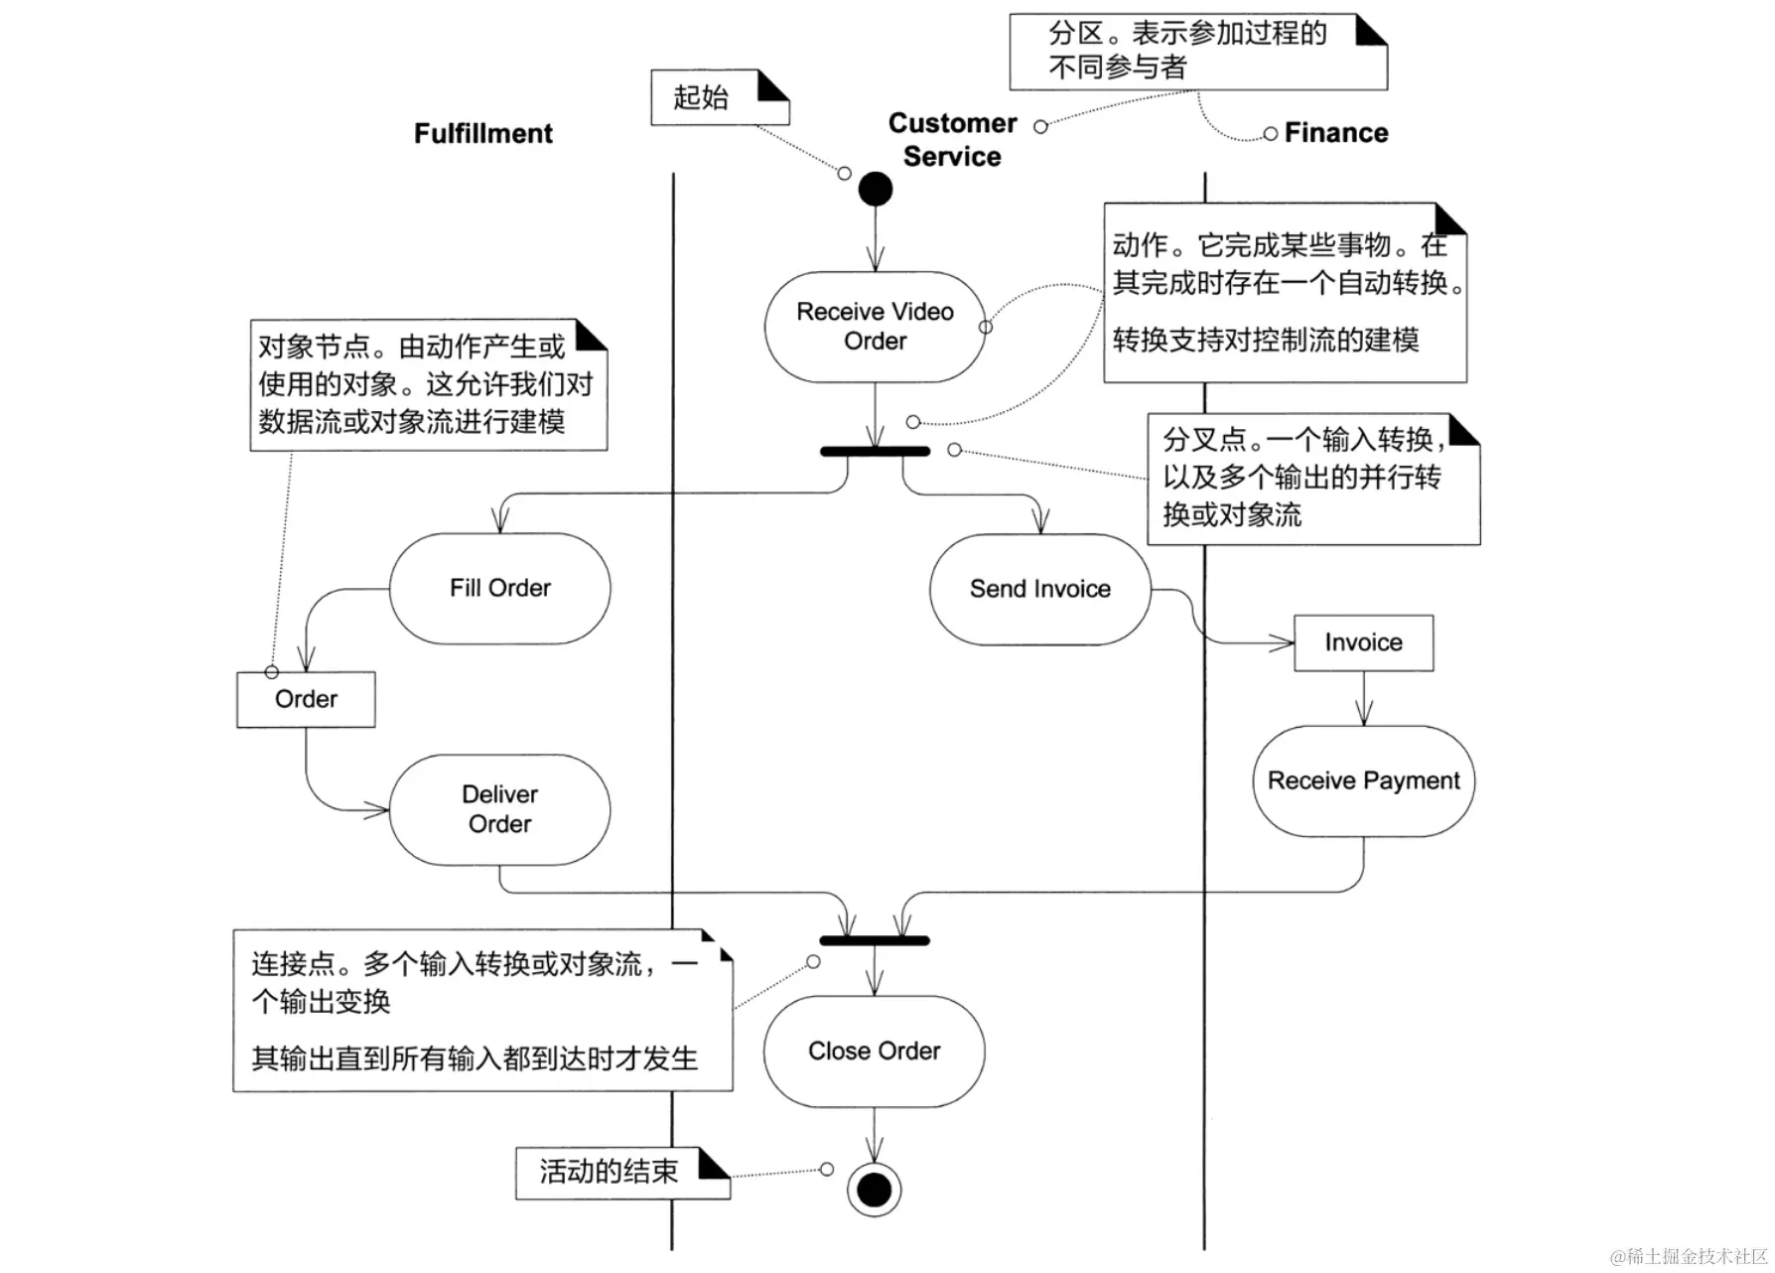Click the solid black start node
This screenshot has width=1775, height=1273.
click(875, 189)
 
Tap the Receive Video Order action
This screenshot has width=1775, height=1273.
click(875, 327)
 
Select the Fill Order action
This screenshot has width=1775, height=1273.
click(499, 589)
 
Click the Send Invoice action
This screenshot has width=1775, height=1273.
click(1039, 590)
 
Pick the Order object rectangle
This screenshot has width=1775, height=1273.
click(306, 700)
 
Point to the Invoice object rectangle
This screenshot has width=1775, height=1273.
click(1363, 643)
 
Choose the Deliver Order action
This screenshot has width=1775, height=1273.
click(499, 809)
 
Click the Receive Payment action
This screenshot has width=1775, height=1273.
click(1363, 781)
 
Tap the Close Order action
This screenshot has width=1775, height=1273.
click(874, 1052)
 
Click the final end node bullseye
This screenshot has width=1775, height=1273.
click(874, 1189)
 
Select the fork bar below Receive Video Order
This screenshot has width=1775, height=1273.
click(875, 452)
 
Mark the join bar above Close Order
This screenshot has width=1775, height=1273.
click(875, 940)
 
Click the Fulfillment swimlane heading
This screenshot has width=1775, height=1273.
click(483, 134)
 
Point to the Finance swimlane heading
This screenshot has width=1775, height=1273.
click(1336, 133)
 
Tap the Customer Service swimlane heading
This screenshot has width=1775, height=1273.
click(952, 140)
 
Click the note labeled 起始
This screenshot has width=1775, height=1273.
click(719, 97)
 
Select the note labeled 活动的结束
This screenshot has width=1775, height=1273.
click(621, 1173)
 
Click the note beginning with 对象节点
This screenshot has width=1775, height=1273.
click(428, 385)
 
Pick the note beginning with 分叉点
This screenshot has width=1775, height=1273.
click(1312, 479)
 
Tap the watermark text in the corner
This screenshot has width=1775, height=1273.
click(1689, 1256)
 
